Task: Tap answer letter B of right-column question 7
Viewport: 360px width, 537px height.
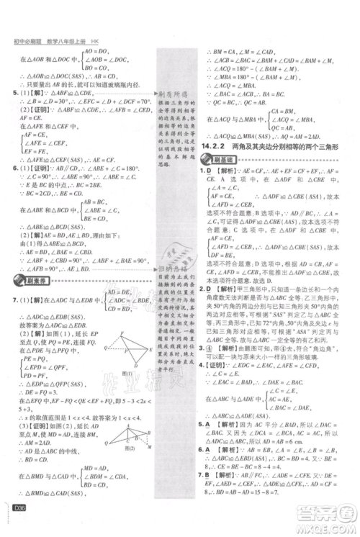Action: (209, 497)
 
